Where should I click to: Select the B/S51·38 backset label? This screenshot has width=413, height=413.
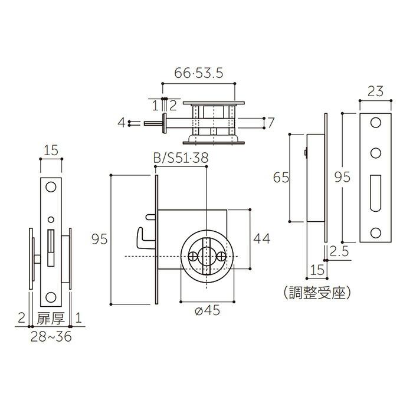(x=181, y=159)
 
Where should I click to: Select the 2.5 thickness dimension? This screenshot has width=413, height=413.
(x=340, y=252)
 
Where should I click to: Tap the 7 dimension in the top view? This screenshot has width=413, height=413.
(x=270, y=123)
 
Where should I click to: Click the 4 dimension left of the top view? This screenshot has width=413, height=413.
(x=121, y=123)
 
